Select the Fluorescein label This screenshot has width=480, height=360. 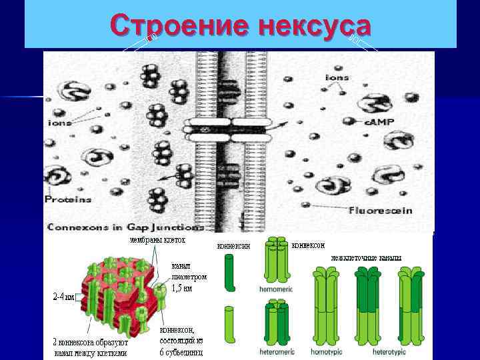click(x=381, y=211)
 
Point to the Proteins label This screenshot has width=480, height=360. click(x=68, y=199)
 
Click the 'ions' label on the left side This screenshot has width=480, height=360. click(x=61, y=123)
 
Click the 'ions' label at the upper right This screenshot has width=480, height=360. click(x=337, y=79)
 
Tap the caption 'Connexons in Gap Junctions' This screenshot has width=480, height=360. click(x=123, y=227)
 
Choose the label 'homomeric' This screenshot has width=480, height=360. click(x=275, y=289)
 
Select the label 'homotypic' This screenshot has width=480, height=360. click(x=327, y=351)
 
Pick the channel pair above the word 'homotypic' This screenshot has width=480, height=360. click(x=327, y=306)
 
